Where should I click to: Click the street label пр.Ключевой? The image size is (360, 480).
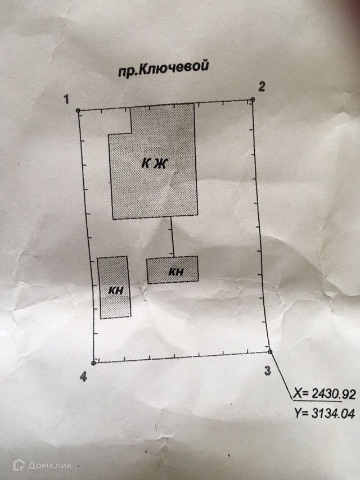(x=163, y=68)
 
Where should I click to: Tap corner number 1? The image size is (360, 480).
(x=66, y=99)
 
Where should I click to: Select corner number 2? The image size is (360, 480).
(x=262, y=86)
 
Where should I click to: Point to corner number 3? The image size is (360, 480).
(x=268, y=370)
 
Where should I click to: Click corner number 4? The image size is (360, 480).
(x=83, y=377)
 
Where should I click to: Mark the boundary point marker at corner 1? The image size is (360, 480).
(x=78, y=111)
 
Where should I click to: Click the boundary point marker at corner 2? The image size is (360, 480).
(x=253, y=100)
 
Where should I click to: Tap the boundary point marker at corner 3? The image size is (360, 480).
(x=271, y=352)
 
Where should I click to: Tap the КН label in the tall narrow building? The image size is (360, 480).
(x=116, y=291)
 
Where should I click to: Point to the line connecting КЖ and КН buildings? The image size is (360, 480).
(x=172, y=237)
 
